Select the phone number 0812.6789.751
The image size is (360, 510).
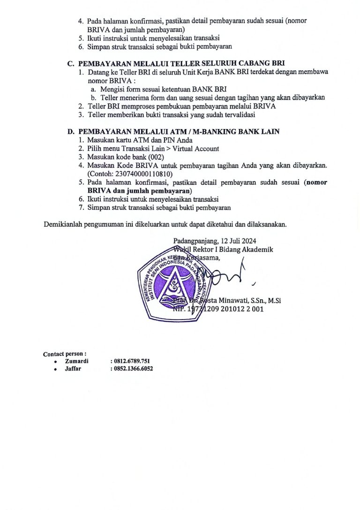(x=132, y=361)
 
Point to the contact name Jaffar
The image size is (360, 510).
(x=73, y=369)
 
